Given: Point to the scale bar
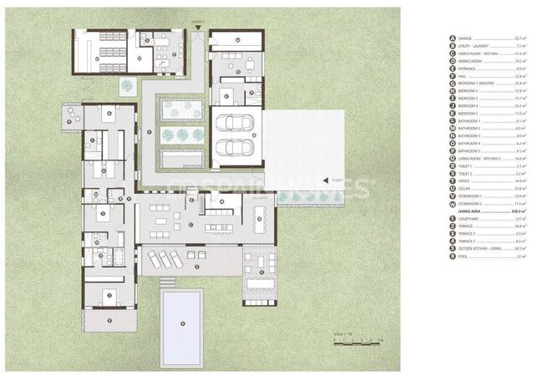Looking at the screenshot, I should [x=355, y=340].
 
